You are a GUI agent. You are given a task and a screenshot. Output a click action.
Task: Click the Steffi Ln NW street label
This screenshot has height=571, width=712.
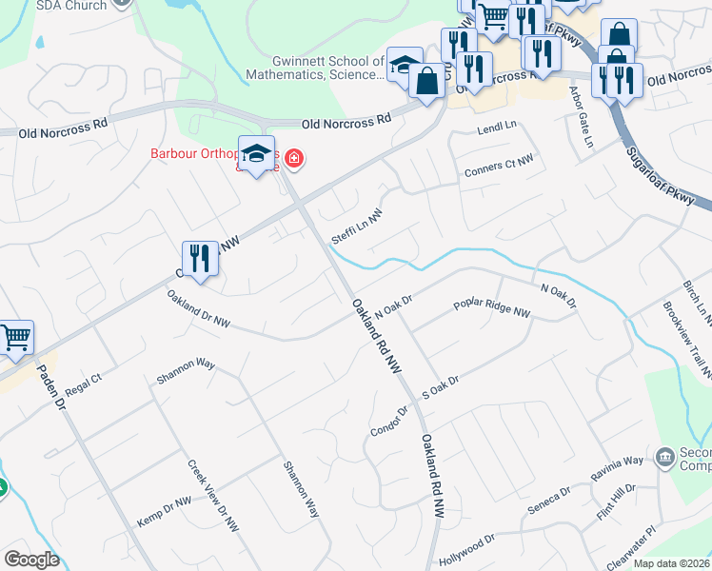coord(356,226)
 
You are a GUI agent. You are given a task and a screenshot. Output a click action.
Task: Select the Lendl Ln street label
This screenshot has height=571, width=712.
coord(496,127)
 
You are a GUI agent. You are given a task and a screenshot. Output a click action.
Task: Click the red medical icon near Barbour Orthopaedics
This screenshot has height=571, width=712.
coord(293,158)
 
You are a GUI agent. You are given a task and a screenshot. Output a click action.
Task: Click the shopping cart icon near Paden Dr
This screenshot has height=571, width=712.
coord(16,338)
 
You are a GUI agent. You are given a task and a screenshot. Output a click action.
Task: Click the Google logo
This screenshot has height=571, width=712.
coord(31,559)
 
